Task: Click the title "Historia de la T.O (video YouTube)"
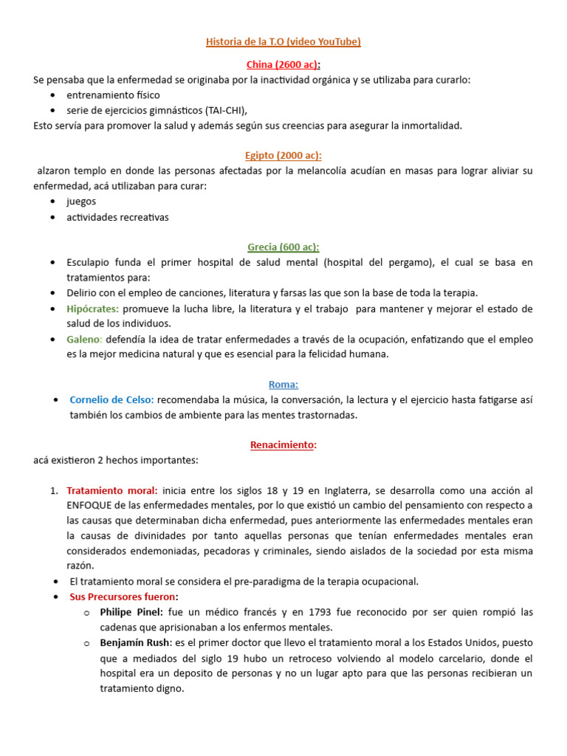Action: [283, 42]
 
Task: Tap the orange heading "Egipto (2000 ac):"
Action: [283, 155]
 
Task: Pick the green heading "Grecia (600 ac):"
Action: [283, 247]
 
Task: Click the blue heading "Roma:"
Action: [283, 384]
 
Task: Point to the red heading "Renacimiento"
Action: [282, 445]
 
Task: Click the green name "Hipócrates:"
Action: [93, 309]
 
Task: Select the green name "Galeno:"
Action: [84, 339]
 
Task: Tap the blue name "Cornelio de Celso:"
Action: [111, 399]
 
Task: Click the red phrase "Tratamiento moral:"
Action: [111, 490]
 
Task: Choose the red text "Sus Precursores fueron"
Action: [123, 597]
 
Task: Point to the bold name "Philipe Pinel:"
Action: [131, 612]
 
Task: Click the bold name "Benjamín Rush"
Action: [135, 642]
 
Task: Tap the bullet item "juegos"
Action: [81, 202]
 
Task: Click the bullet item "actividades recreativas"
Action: [117, 217]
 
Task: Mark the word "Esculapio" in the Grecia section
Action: [89, 263]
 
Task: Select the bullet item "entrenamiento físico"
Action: [112, 95]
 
